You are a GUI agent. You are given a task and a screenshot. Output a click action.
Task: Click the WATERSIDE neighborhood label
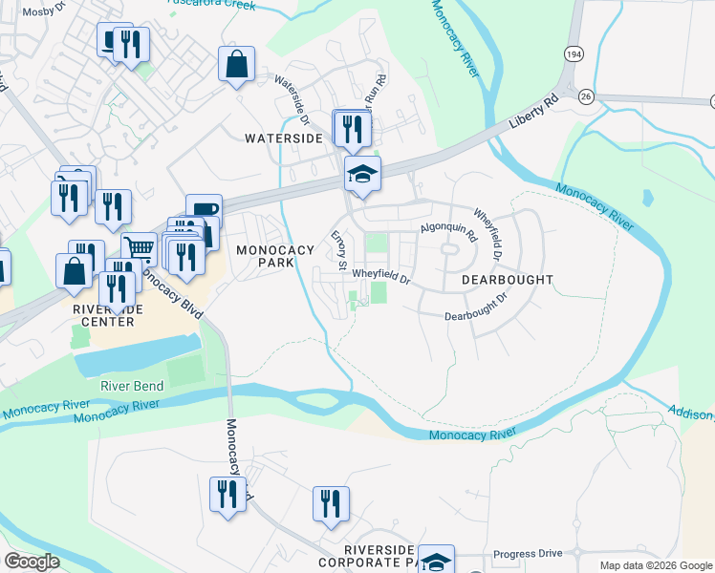(x=284, y=138)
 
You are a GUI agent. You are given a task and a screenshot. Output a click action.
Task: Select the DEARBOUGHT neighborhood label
(x=507, y=280)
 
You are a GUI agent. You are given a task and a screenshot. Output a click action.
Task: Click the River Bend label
(x=131, y=386)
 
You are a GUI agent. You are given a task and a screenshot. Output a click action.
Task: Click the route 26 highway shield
(x=586, y=95)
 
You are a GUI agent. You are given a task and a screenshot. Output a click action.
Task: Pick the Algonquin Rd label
(x=448, y=228)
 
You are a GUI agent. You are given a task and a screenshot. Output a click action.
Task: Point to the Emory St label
(x=337, y=248)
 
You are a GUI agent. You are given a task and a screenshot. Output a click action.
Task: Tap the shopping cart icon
(x=139, y=248)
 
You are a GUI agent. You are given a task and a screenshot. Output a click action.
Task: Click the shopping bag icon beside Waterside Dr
(x=236, y=64)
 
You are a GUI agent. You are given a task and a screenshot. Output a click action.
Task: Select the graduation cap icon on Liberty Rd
(x=362, y=174)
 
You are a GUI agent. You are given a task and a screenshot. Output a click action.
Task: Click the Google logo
(x=32, y=562)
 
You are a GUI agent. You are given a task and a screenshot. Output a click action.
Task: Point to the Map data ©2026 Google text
(x=656, y=565)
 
